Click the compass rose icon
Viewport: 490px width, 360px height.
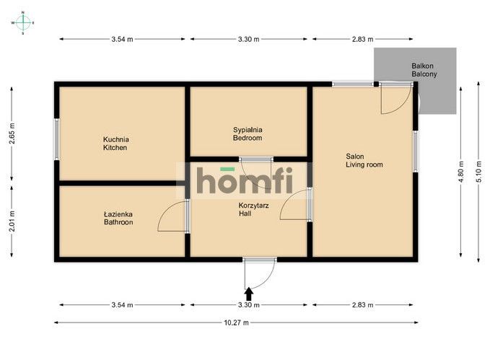pyautogui.click(x=23, y=23)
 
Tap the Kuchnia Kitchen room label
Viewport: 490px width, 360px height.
pyautogui.click(x=115, y=144)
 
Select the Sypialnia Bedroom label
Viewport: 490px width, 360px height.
pyautogui.click(x=248, y=133)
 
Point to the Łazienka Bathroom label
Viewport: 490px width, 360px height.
pyautogui.click(x=118, y=218)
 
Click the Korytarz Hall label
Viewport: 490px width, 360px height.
pyautogui.click(x=253, y=209)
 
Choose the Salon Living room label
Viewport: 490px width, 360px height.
pyautogui.click(x=364, y=160)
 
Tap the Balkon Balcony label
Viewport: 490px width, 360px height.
pyautogui.click(x=424, y=70)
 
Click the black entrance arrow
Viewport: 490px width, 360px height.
pyautogui.click(x=249, y=294)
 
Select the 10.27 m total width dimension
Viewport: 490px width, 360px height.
pyautogui.click(x=236, y=322)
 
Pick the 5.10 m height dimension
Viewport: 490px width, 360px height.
pyautogui.click(x=478, y=172)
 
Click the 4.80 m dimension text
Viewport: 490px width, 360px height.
pyautogui.click(x=461, y=172)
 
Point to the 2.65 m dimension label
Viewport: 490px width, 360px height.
pyautogui.click(x=12, y=133)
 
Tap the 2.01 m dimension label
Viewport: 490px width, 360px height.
pyautogui.click(x=12, y=221)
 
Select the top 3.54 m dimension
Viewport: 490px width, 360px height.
pyautogui.click(x=122, y=39)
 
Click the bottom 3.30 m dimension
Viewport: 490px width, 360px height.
pyautogui.click(x=249, y=304)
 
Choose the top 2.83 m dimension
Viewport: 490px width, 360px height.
pyautogui.click(x=362, y=39)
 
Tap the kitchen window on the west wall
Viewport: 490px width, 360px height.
pyautogui.click(x=56, y=139)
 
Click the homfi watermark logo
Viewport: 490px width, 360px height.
pyautogui.click(x=245, y=180)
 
